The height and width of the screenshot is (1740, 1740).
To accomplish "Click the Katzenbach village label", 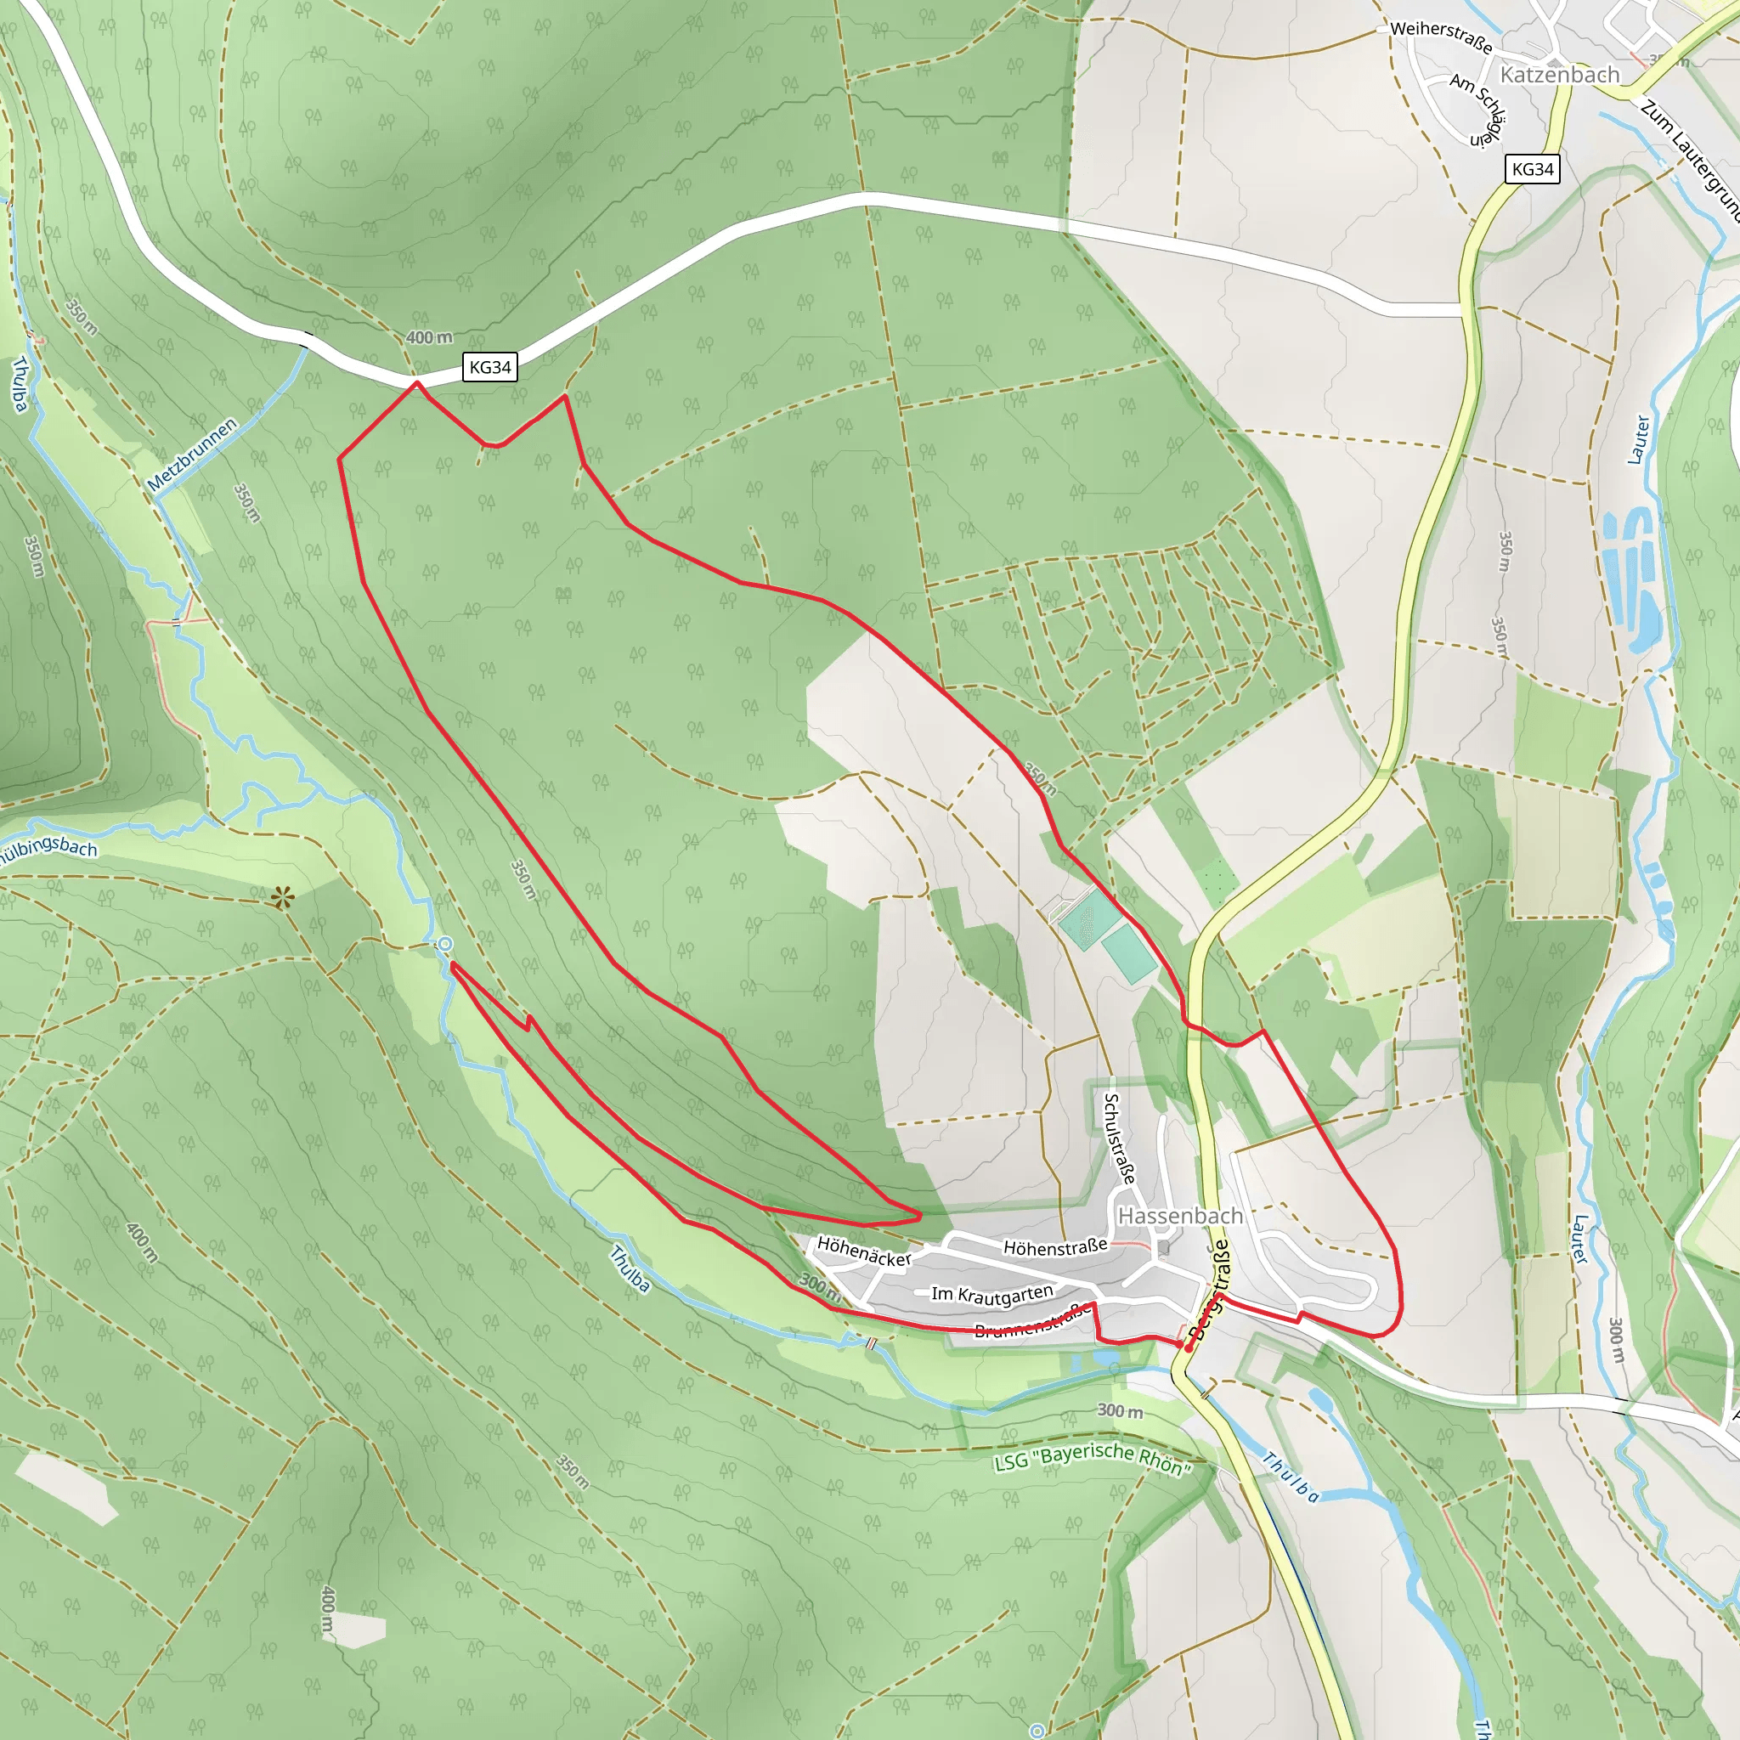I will (1560, 75).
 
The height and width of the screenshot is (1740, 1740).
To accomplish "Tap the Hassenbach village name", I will (1180, 1216).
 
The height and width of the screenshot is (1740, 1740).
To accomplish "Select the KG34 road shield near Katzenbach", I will (1533, 168).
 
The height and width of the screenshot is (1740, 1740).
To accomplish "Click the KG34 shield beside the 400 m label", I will (490, 366).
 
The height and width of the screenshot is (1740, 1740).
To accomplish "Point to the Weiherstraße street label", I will (1441, 36).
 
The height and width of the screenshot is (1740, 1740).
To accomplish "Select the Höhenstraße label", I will (1055, 1247).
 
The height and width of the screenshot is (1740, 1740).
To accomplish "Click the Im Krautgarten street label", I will (991, 1294).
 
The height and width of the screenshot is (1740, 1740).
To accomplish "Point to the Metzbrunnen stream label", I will (192, 455).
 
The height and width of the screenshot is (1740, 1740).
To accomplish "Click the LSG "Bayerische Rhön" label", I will (1093, 1458).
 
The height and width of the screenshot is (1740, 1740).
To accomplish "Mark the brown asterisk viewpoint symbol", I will (283, 896).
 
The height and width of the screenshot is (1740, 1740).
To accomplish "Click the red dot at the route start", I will (1188, 1348).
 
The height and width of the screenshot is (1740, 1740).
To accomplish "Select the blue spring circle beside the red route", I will (444, 944).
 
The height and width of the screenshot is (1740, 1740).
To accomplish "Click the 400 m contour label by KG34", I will (429, 338).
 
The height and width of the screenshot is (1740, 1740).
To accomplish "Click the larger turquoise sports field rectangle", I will (1090, 918).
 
